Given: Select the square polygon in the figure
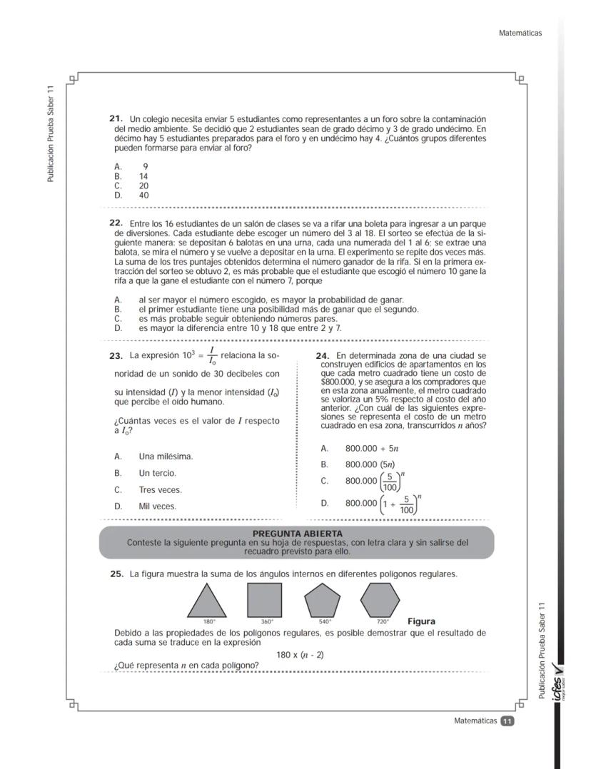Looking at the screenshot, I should pos(265,600).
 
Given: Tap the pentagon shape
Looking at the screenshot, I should pos(323,601).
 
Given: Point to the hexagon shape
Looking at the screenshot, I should pos(380,600).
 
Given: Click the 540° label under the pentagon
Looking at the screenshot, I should pos(324,621).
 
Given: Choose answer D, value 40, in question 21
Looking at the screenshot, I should pos(143,195).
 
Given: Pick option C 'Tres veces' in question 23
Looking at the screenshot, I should pos(160,490).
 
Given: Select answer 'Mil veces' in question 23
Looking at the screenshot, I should pos(157,506).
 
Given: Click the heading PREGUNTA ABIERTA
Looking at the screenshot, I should pos(298,534).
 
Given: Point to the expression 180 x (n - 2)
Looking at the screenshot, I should pos(300,655).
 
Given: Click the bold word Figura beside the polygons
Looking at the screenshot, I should pos(421,621).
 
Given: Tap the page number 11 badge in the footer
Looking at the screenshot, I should pos(507,721).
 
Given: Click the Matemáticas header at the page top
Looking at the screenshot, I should pos(521,33).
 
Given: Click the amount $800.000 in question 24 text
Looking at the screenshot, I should pos(336,382).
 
